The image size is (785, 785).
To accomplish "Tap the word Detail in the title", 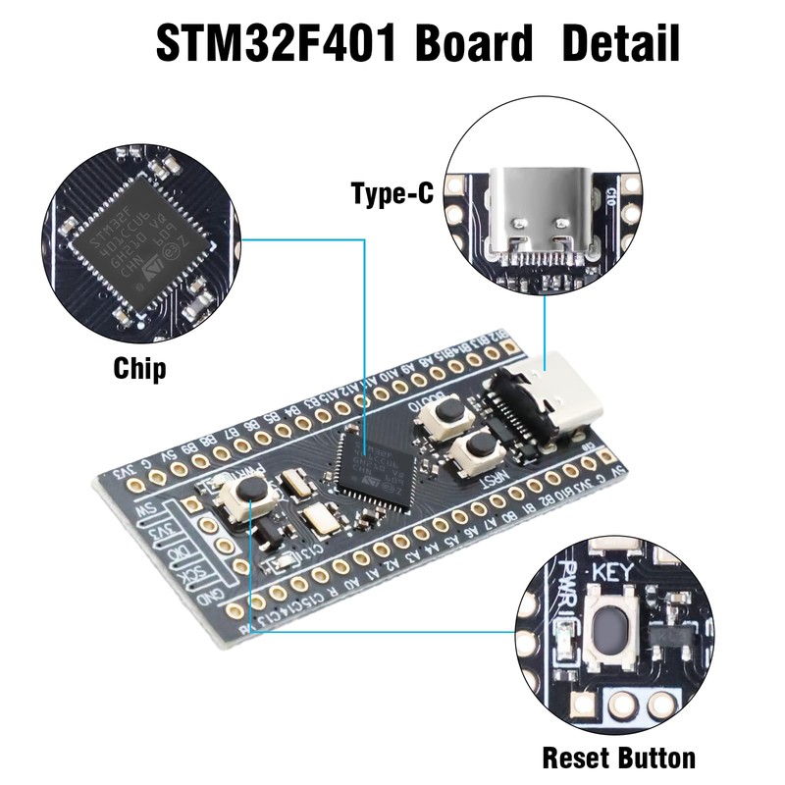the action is click(x=620, y=43).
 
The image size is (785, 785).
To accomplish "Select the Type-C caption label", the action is click(x=392, y=193).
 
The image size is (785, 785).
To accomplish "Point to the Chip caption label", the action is click(x=139, y=369).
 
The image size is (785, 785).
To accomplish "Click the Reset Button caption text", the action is click(x=619, y=758).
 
